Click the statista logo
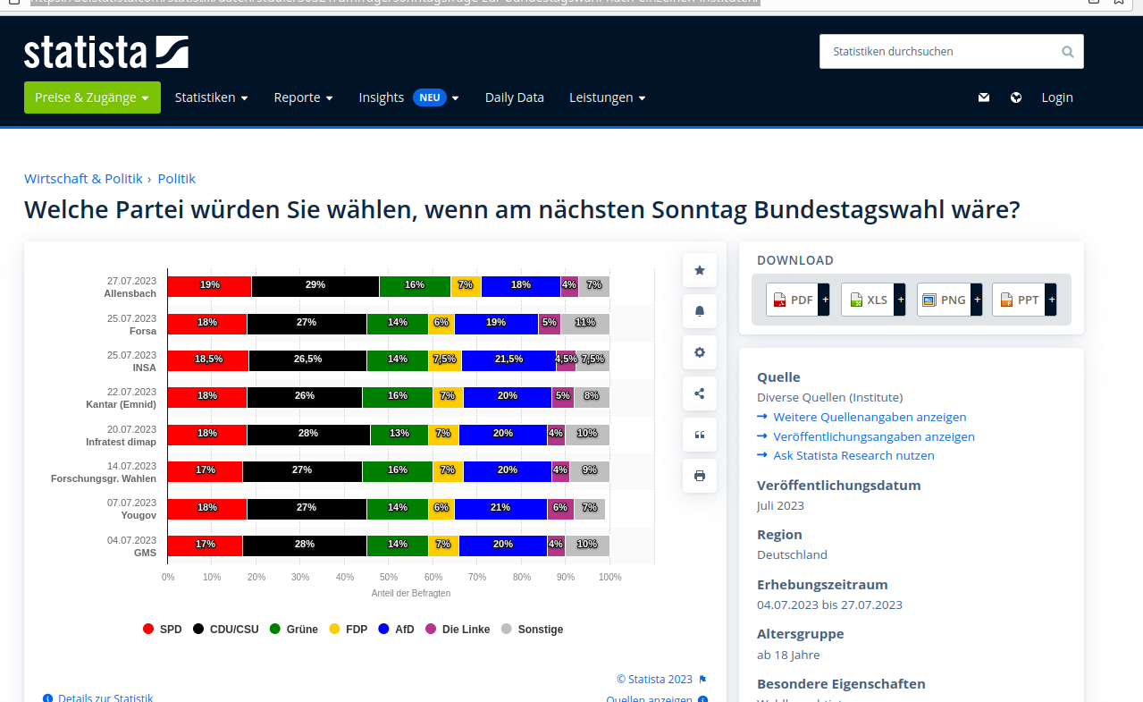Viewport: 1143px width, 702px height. (106, 52)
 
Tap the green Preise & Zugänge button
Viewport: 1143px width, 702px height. (92, 97)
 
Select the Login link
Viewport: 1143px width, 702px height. (1056, 97)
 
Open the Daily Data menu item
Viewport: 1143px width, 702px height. (514, 97)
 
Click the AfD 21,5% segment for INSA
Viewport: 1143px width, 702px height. (508, 359)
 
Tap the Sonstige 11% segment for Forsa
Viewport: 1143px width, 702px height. (585, 323)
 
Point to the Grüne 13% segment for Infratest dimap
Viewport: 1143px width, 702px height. (399, 434)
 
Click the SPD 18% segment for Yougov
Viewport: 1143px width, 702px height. (207, 508)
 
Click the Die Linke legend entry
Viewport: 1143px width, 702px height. (458, 630)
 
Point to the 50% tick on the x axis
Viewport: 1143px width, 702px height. (389, 578)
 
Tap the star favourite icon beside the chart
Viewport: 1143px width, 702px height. (700, 270)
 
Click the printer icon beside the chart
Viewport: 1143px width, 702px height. (700, 476)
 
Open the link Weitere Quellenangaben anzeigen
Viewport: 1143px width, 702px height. (870, 417)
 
